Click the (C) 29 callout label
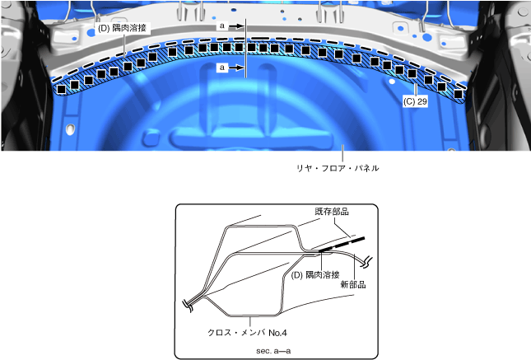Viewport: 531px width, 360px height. pyautogui.click(x=415, y=101)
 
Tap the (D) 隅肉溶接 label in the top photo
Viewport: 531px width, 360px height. pyautogui.click(x=122, y=28)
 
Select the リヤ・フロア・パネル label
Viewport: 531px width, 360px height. pyautogui.click(x=338, y=168)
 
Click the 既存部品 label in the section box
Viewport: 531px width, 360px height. pyautogui.click(x=332, y=212)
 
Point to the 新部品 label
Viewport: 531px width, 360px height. pyautogui.click(x=353, y=284)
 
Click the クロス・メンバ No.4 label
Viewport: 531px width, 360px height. pyautogui.click(x=247, y=333)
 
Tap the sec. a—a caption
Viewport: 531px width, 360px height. pyautogui.click(x=273, y=351)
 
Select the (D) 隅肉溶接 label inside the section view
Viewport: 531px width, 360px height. pyautogui.click(x=315, y=275)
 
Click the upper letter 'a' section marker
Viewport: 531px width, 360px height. pyautogui.click(x=222, y=26)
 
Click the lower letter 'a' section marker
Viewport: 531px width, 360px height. pyautogui.click(x=222, y=68)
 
